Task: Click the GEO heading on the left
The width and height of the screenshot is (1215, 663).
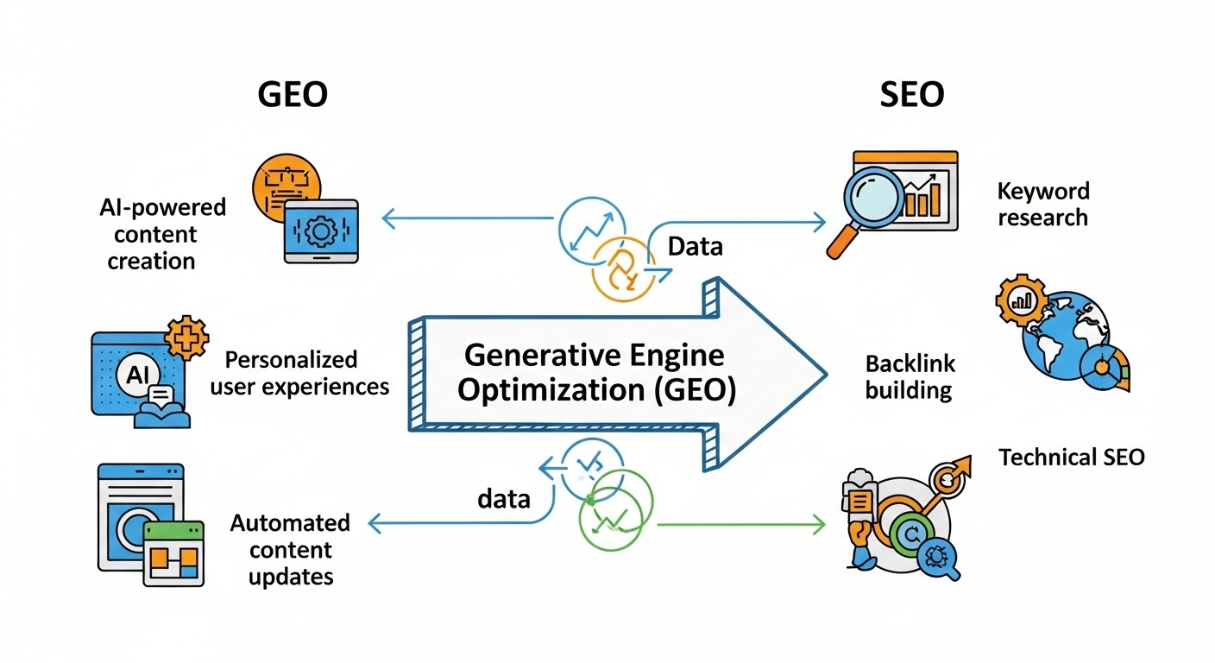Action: [293, 95]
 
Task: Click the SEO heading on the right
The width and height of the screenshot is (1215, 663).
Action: [912, 95]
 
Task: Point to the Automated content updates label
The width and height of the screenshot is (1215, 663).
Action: [290, 549]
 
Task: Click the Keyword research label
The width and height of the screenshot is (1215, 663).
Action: [1043, 204]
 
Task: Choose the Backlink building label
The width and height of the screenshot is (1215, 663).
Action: [910, 376]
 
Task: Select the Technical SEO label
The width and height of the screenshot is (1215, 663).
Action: [1071, 457]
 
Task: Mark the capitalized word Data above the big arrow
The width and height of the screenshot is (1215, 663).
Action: [696, 247]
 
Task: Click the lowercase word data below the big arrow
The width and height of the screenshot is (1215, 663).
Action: [503, 498]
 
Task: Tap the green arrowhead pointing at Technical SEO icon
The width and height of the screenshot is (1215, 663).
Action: [820, 522]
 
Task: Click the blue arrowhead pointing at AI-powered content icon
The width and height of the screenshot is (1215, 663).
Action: [387, 218]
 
